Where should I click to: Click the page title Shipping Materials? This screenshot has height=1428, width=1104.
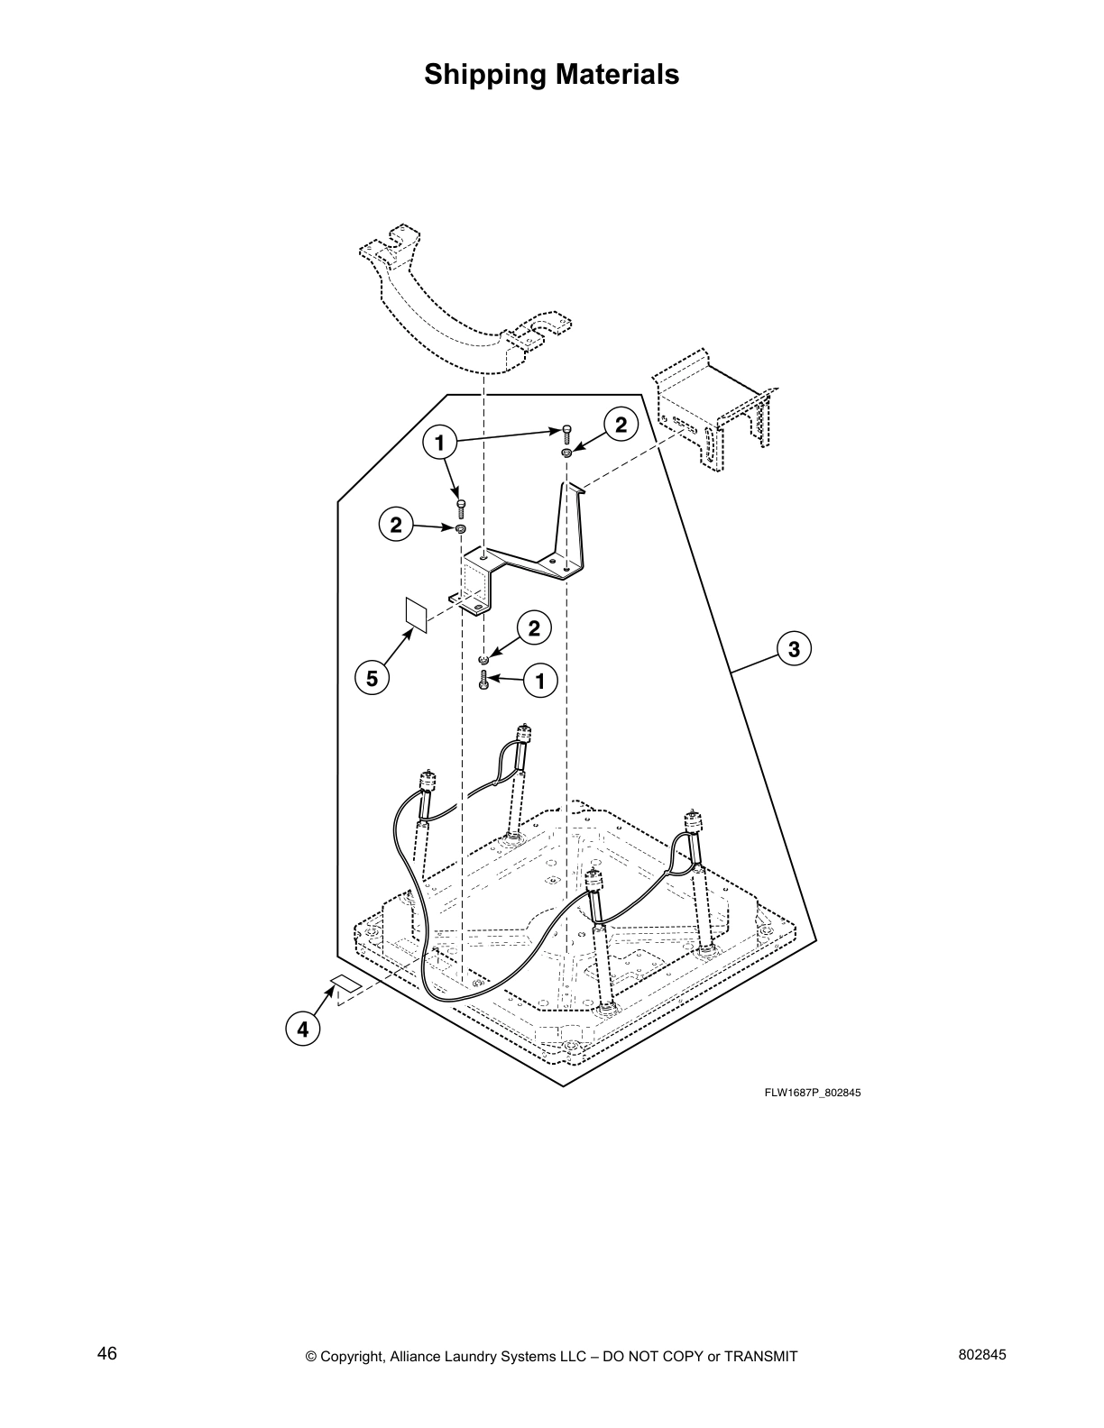point(551,74)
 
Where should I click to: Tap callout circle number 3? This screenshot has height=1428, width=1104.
point(793,648)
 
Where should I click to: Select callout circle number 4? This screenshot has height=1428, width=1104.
point(303,1029)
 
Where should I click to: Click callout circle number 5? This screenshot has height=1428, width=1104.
point(372,678)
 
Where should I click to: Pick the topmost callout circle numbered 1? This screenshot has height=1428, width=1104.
point(439,443)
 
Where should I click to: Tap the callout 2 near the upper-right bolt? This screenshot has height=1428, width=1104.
point(621,424)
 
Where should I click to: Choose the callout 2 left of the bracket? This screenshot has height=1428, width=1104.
point(396,524)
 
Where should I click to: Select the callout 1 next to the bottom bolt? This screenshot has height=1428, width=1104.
point(540,681)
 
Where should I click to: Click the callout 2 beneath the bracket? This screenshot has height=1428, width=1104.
point(534,628)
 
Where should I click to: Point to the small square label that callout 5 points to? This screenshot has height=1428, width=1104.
point(416,613)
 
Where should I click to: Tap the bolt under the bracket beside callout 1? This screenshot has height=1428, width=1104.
point(484,681)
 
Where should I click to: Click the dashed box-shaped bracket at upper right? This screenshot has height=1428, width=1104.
point(713,406)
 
